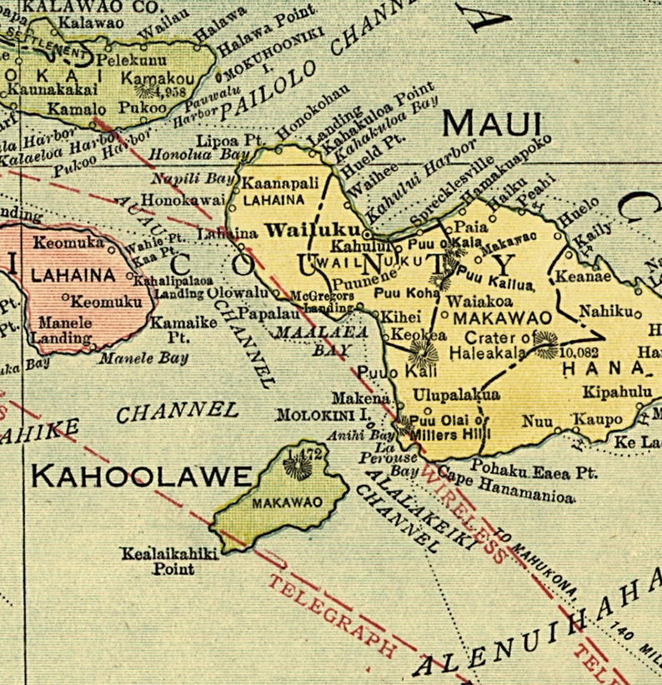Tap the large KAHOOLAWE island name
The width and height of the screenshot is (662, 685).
[141, 476]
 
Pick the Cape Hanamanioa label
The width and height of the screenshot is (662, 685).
[506, 491]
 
